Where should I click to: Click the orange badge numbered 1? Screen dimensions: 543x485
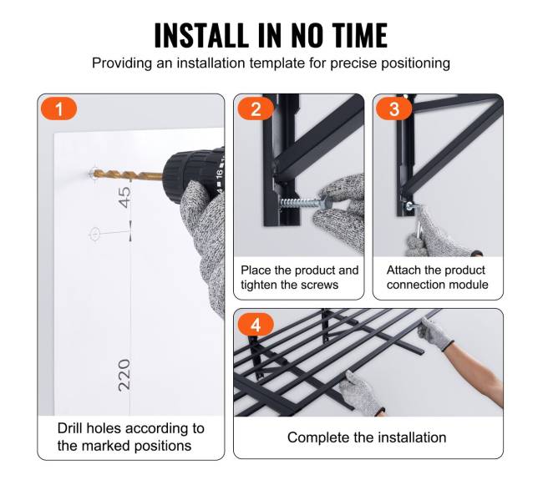pos(58,109)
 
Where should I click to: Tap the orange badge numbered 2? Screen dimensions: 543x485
pos(256,109)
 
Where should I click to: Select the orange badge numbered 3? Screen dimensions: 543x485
pos(394,109)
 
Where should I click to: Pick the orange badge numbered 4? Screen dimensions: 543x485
pos(256,325)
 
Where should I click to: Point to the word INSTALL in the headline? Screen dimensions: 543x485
pos(201,35)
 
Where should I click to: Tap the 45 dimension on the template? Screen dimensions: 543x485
pos(124,197)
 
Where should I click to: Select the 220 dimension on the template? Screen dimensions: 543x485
pos(124,375)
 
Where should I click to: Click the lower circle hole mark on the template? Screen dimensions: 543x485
pos(94,234)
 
